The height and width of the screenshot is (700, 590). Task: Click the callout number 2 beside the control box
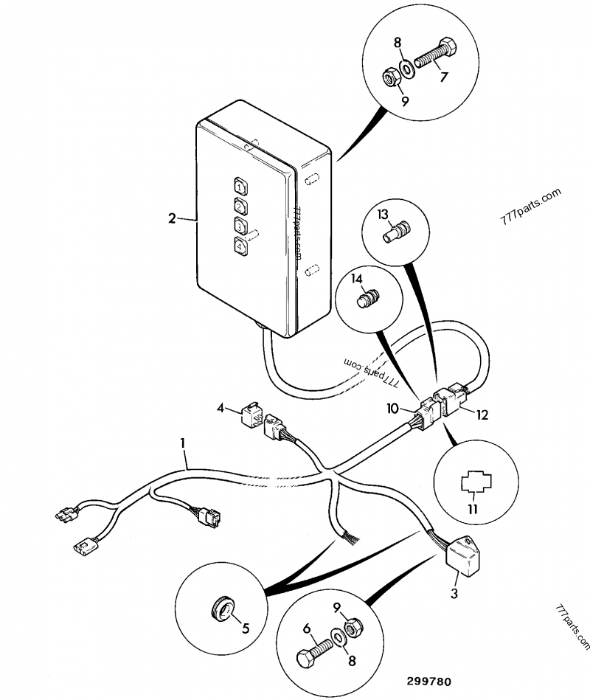[x=172, y=218]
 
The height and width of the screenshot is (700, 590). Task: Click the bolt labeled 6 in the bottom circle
[x=313, y=654]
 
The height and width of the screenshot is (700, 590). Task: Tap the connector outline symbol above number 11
[x=471, y=484]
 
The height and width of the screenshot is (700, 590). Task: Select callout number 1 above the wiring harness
[x=182, y=443]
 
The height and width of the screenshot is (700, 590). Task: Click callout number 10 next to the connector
[x=392, y=408]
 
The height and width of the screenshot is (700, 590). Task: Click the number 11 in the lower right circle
[x=471, y=509]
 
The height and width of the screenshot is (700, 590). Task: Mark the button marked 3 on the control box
[x=240, y=225]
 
